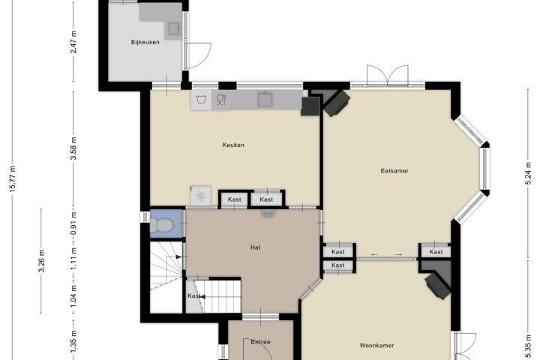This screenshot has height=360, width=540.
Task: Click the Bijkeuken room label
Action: [145, 42]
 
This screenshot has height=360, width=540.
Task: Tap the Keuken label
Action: [233, 145]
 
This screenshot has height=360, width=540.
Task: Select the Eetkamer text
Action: [394, 170]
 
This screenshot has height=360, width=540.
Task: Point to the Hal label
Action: [255, 247]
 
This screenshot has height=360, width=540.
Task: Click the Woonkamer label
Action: [376, 345]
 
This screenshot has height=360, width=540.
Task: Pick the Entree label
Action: [260, 342]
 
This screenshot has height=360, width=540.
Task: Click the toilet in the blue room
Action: [161, 226]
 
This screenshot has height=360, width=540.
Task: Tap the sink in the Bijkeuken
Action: [174, 29]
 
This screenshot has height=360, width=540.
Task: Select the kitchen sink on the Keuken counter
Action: [265, 99]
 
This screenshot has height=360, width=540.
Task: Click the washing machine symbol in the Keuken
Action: [201, 100]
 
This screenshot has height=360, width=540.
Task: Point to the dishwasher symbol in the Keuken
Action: [221, 100]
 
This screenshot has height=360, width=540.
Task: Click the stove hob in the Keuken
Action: [201, 196]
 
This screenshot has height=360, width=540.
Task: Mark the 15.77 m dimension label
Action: [13, 178]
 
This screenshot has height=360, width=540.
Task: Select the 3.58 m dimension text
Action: [73, 148]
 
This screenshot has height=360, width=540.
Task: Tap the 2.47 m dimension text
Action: [73, 42]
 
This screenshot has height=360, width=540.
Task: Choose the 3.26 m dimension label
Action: [41, 261]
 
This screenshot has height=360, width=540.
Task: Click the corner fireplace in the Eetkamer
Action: [337, 103]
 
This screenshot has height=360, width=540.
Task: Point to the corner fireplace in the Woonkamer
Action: [438, 286]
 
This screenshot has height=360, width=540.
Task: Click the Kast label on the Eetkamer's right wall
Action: [436, 252]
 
